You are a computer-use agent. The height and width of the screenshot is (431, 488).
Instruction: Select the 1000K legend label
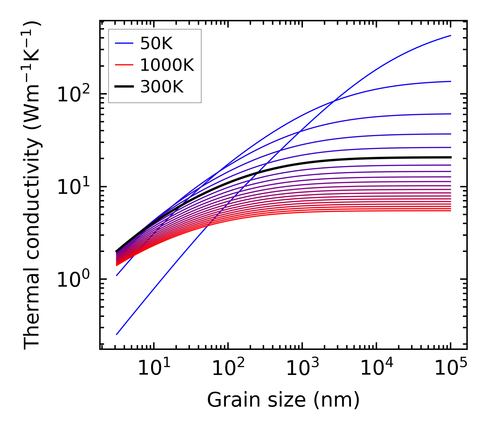point(167,65)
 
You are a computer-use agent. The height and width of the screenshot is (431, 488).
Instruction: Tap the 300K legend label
point(162,87)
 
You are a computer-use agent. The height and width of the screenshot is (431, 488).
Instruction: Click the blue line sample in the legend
point(124,43)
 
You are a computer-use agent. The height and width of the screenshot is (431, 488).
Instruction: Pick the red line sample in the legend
point(124,65)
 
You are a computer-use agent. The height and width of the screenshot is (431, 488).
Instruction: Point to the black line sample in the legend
point(124,87)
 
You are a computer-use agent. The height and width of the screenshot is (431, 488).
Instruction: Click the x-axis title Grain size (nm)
point(283,400)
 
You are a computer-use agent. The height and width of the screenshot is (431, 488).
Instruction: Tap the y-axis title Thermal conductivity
point(33,186)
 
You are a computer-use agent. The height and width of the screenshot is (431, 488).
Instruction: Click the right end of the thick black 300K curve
point(450,157)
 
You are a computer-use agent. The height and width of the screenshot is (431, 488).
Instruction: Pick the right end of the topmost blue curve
point(450,35)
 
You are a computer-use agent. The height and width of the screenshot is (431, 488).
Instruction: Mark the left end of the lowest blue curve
point(117,334)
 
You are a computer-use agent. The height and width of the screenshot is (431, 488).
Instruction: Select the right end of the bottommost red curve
point(450,210)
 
